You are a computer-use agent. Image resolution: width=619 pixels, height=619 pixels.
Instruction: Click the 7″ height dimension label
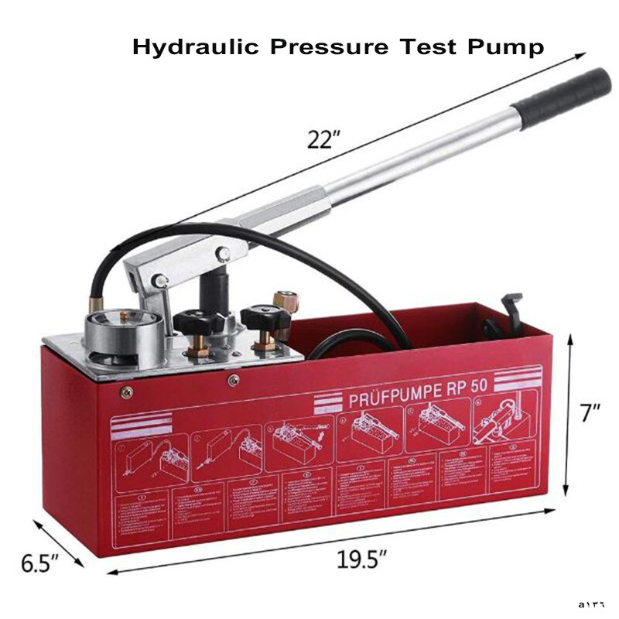pos(590,413)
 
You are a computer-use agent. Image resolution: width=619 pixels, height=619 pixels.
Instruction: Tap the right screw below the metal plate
pos(233,379)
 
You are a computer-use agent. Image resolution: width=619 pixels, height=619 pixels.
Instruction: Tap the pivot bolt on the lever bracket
pos(223,254)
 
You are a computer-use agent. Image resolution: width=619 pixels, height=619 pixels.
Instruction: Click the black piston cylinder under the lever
pos(213,290)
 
